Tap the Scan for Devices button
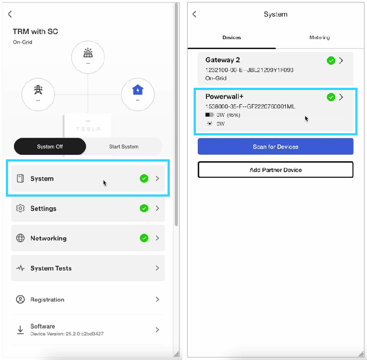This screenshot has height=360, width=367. pyautogui.click(x=276, y=146)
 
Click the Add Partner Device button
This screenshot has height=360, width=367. pyautogui.click(x=276, y=170)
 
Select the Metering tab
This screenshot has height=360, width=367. pyautogui.click(x=319, y=37)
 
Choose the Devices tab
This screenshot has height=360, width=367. pyautogui.click(x=231, y=37)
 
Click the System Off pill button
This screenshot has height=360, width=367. pyautogui.click(x=50, y=146)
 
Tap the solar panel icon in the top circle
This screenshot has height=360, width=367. pyautogui.click(x=88, y=53)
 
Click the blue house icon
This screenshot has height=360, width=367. pyautogui.click(x=138, y=90)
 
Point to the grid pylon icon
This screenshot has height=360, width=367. pyautogui.click(x=38, y=90)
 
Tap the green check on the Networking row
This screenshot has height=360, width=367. pyautogui.click(x=144, y=238)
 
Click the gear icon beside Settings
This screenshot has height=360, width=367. pyautogui.click(x=20, y=208)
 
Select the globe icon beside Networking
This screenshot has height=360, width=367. pyautogui.click(x=20, y=238)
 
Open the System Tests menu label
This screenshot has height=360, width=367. pyautogui.click(x=51, y=268)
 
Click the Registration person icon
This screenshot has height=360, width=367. pyautogui.click(x=20, y=299)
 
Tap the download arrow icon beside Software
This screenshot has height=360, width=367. pyautogui.click(x=20, y=329)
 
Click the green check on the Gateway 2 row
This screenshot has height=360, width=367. pyautogui.click(x=331, y=61)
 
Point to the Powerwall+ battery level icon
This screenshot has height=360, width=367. pyautogui.click(x=209, y=115)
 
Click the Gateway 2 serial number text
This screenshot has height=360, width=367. pyautogui.click(x=249, y=70)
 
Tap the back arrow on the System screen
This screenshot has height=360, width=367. pyautogui.click(x=194, y=14)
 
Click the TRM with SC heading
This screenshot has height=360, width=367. pyautogui.click(x=35, y=31)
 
